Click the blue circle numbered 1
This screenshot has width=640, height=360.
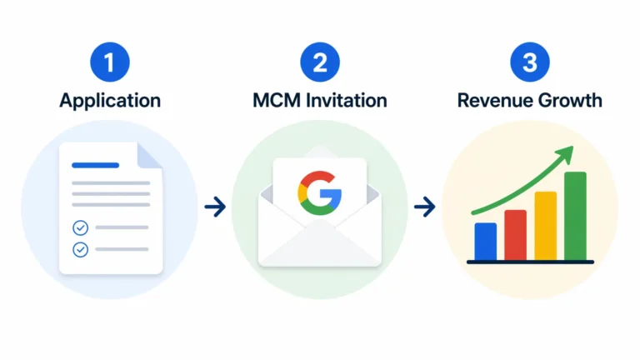click(110, 62)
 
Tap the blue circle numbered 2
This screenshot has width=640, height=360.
click(320, 62)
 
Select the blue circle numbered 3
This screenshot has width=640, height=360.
click(530, 62)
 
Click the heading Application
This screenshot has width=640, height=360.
click(110, 101)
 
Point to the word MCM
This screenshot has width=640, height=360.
click(277, 100)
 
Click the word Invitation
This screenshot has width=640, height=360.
click(347, 100)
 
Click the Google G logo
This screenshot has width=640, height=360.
click(320, 193)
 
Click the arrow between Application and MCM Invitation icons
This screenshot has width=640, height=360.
click(215, 207)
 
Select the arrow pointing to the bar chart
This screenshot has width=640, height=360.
click(425, 207)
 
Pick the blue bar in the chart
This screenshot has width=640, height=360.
click(486, 241)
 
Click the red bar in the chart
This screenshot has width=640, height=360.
click(516, 235)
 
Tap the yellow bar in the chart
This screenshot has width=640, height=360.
click(546, 226)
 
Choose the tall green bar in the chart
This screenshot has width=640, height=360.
click(576, 216)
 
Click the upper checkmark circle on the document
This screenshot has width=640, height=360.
click(80, 227)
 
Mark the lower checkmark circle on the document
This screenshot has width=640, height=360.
click(80, 249)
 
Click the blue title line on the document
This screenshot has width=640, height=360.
click(96, 165)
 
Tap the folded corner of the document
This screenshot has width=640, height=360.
click(147, 156)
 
